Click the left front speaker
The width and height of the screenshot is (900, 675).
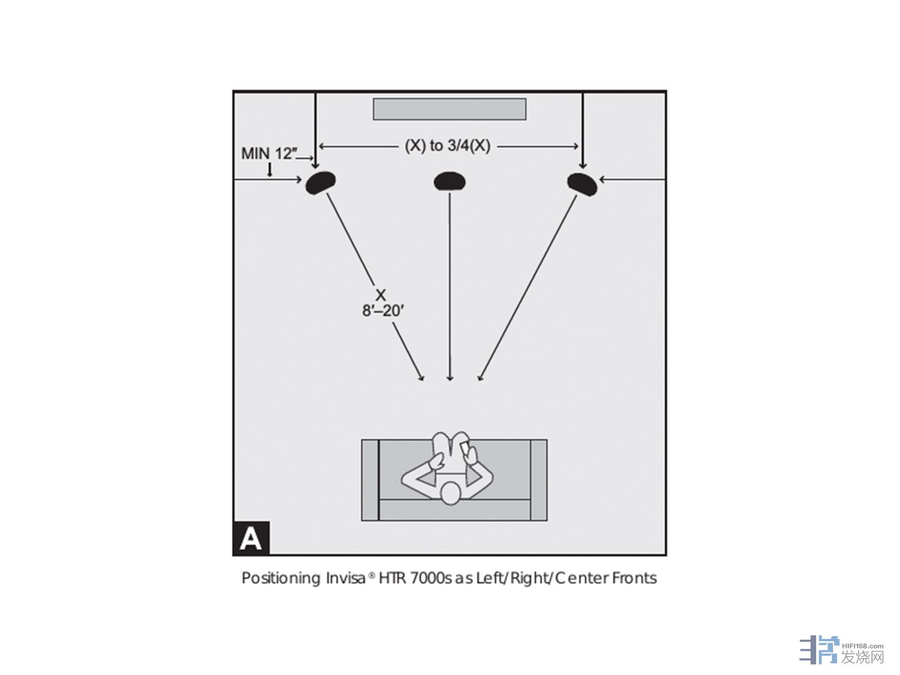(321, 182)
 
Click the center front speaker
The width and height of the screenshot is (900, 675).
(449, 181)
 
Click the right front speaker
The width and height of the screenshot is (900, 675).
(582, 183)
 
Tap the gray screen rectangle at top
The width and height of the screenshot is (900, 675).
(449, 109)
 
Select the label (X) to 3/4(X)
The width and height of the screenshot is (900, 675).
(448, 146)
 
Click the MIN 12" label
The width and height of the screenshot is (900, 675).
(268, 154)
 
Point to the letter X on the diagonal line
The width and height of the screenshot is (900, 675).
(381, 295)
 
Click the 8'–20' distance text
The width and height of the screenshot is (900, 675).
(383, 310)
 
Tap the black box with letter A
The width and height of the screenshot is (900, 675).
(251, 538)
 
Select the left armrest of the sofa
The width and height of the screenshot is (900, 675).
(370, 480)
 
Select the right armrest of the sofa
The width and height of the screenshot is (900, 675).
(538, 480)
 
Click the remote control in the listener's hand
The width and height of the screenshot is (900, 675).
(466, 448)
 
